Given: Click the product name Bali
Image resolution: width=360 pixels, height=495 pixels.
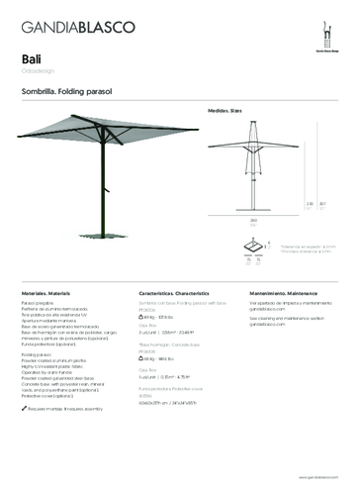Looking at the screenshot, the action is click(x=31, y=57).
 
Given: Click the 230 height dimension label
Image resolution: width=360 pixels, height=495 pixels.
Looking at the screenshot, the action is click(x=310, y=205).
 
